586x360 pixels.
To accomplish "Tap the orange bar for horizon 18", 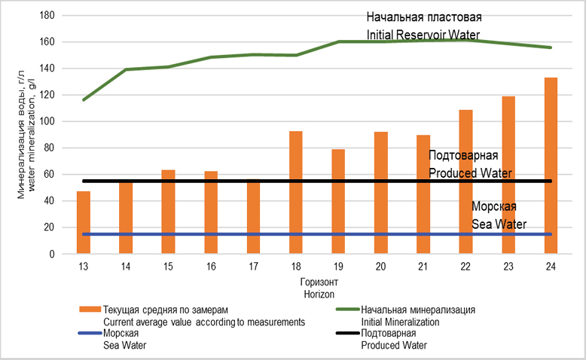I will pos(296,192).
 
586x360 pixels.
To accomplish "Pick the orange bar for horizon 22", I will pos(465,182).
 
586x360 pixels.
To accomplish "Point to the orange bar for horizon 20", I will pos(381,193).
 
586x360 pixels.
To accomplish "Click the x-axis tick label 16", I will pos(211,267).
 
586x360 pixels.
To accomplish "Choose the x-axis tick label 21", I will pos(423,267).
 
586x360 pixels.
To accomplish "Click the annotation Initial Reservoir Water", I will pos(423,35).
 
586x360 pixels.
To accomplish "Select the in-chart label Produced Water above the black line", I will pos(470,173).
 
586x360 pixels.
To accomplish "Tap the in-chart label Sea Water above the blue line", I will pos(499,224).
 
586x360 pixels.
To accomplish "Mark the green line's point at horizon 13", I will pos(84,99).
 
